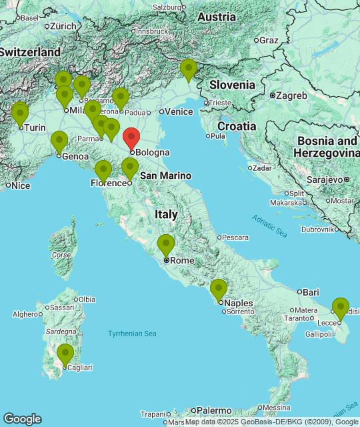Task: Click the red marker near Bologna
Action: [x=132, y=138]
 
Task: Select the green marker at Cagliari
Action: [x=65, y=354]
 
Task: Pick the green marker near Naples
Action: [x=219, y=290]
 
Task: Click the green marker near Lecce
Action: [x=341, y=308]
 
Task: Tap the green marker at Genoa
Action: [x=59, y=142]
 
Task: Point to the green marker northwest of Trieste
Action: [x=189, y=69]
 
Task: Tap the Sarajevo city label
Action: [x=325, y=179]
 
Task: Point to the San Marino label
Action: [x=165, y=175]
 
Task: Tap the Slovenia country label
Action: [x=232, y=85]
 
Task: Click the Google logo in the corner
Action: [x=22, y=418]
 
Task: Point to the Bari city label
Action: [x=311, y=292]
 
